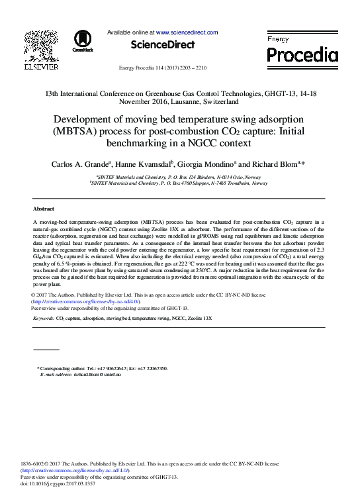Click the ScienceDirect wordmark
163,44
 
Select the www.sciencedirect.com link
187,32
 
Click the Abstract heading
44,208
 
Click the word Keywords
44,319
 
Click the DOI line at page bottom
58,484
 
